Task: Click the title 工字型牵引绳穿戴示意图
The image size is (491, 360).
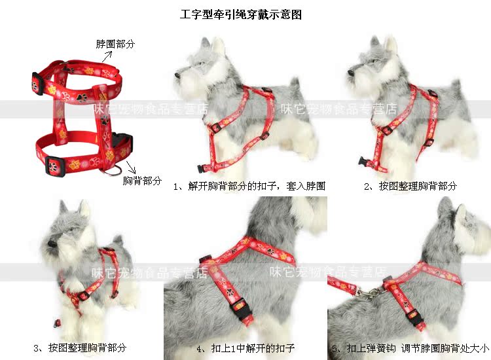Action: coord(240,14)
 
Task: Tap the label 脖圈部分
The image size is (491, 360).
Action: coord(115,44)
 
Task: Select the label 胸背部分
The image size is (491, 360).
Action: coord(142,181)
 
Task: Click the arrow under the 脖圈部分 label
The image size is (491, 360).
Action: coord(107,57)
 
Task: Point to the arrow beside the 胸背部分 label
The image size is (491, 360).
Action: coord(131,167)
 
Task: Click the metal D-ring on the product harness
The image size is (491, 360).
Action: coord(113,171)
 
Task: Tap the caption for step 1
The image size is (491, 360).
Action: coord(249,187)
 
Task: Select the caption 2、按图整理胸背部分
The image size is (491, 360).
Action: coord(410,187)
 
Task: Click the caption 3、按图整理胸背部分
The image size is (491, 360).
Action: coord(80,348)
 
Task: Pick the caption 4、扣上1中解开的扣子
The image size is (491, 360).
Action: coord(245,348)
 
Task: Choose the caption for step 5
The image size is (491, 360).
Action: coord(410,348)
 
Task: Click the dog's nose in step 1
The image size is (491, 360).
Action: coord(177,75)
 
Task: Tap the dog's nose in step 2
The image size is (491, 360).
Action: coord(350,73)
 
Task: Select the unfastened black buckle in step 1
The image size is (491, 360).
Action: coord(202,168)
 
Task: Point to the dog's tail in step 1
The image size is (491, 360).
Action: coord(295,84)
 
